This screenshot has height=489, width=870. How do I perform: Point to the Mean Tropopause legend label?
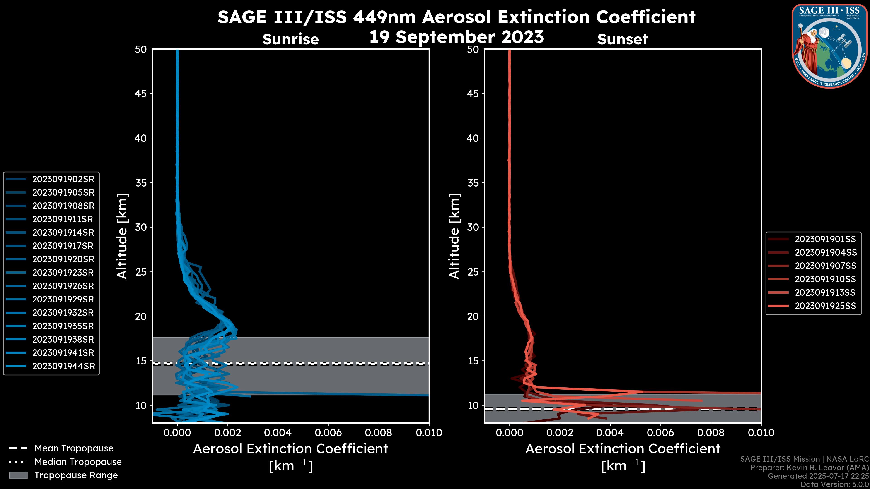click(x=74, y=448)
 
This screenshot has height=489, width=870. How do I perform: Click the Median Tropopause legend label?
click(x=78, y=462)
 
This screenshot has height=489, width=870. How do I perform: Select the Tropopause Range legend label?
click(x=76, y=475)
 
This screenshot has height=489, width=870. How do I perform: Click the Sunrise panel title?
click(x=290, y=39)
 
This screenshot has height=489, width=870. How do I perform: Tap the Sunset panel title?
click(x=622, y=39)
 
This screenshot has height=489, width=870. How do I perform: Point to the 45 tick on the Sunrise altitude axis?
click(x=141, y=94)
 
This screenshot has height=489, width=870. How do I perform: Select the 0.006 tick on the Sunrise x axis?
click(x=328, y=433)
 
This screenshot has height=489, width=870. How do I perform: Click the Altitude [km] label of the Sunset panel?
click(x=454, y=236)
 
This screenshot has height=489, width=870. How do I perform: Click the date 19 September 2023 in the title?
click(x=456, y=37)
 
